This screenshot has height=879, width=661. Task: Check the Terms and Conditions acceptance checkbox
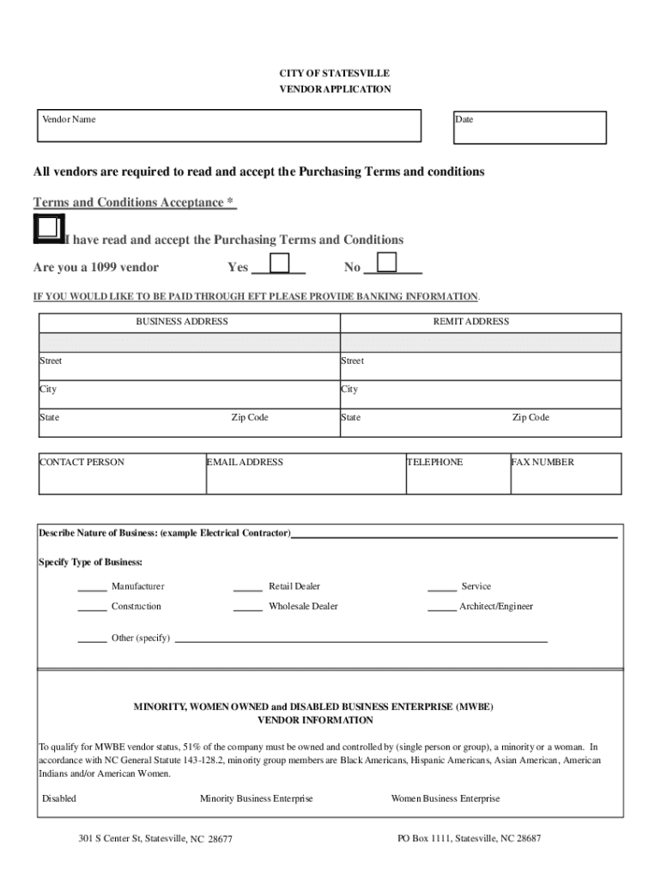pos(47,228)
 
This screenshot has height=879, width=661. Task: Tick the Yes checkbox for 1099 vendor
pos(281,263)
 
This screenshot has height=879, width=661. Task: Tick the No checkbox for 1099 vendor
pos(387,262)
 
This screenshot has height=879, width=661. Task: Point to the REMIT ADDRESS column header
pos(476,322)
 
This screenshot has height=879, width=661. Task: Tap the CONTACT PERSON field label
pos(82,463)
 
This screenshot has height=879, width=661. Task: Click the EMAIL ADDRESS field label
pos(245,463)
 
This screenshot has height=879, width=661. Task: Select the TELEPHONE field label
pos(435,463)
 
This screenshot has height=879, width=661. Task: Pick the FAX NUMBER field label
pos(543,463)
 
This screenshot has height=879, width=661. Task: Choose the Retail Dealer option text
pos(294,586)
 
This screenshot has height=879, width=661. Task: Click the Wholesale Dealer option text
pos(303,607)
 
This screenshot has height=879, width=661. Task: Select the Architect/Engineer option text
pos(496,607)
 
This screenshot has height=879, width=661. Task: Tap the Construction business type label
pos(136,607)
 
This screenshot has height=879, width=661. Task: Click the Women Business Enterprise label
pos(445,799)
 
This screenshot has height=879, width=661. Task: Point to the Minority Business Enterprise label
pos(256,799)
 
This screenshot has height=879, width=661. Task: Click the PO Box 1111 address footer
pos(469,839)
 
